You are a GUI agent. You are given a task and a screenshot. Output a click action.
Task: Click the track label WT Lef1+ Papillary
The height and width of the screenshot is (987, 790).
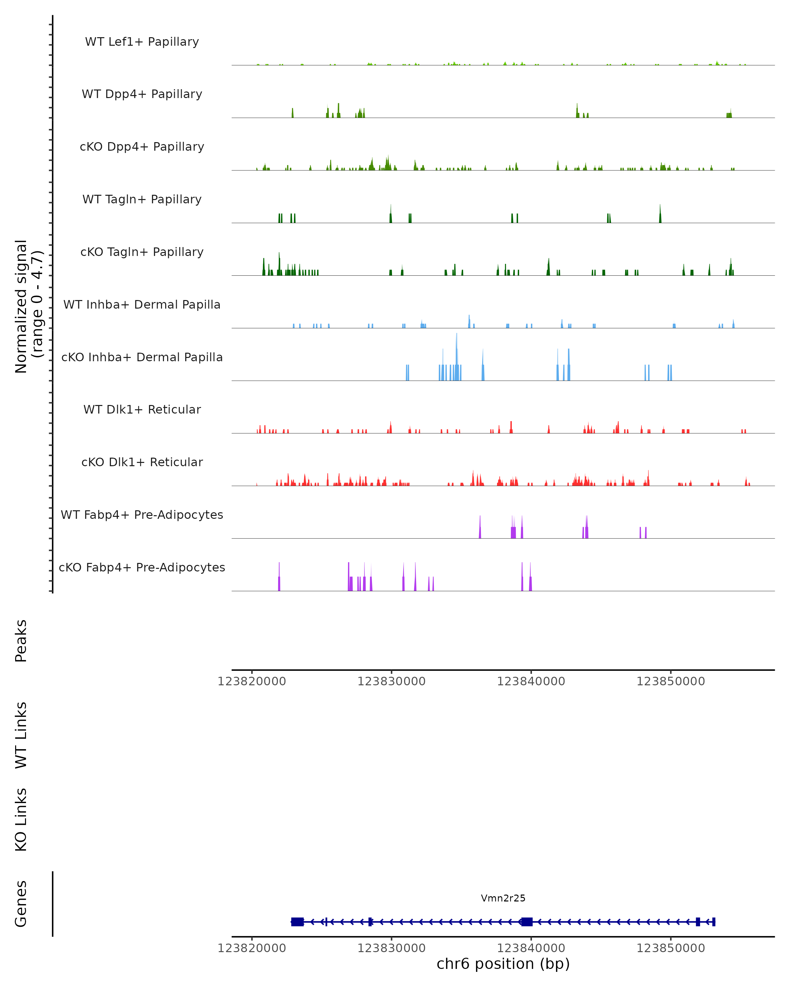(x=142, y=42)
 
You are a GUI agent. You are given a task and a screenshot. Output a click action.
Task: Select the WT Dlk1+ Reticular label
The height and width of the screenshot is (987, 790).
(x=142, y=409)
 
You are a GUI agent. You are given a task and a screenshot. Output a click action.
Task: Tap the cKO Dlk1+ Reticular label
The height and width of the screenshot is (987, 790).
(x=142, y=462)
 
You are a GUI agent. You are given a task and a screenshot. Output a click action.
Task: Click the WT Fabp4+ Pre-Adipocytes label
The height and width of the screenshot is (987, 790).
(x=142, y=515)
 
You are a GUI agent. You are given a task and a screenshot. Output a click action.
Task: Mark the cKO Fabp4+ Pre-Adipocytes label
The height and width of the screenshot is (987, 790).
(x=142, y=567)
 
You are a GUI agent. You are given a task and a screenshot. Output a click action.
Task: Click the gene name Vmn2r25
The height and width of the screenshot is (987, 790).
(x=503, y=898)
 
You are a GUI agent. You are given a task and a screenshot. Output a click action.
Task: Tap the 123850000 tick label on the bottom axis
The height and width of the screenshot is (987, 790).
(x=671, y=948)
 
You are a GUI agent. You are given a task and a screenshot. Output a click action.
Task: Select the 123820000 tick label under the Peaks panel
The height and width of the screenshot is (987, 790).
(x=252, y=681)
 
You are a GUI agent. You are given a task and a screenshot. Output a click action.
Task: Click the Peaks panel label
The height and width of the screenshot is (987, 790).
(x=21, y=641)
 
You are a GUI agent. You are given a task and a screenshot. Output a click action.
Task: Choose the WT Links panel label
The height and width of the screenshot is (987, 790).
(x=21, y=735)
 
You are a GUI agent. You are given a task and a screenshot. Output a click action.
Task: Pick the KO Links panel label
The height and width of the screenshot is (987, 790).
(x=21, y=820)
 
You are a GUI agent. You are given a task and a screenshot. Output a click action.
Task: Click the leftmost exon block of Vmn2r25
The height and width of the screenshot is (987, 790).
(x=297, y=922)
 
